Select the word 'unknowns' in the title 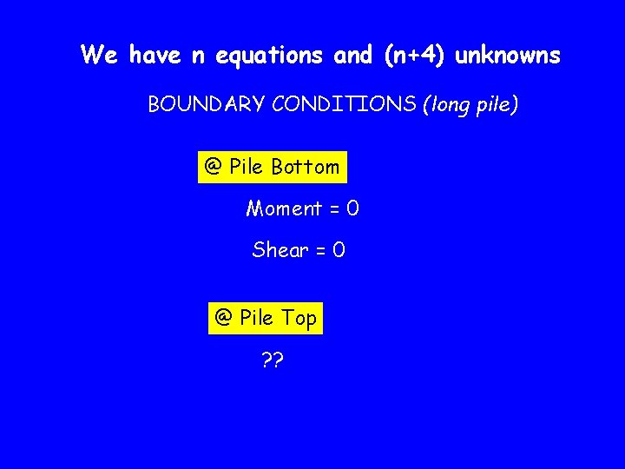coord(509,56)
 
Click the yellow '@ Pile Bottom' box coord(273,167)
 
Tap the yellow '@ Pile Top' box coord(266,318)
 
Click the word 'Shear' coord(280,250)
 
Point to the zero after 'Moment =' coord(352,208)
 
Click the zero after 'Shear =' coord(339,250)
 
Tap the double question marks coord(272,359)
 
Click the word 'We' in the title coord(100,56)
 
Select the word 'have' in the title coord(155,56)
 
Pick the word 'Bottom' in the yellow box coord(306,167)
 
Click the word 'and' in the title coord(352,56)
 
